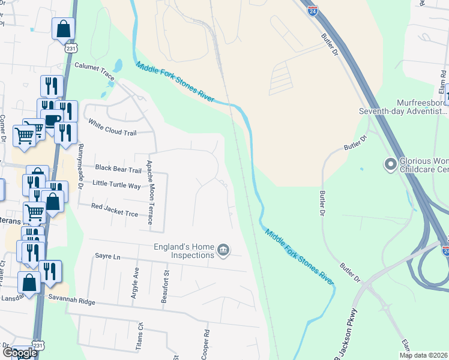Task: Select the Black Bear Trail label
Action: pyautogui.click(x=118, y=170)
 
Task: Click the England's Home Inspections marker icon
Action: pyautogui.click(x=223, y=250)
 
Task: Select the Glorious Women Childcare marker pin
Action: pyautogui.click(x=391, y=163)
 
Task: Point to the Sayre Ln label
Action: pyautogui.click(x=107, y=256)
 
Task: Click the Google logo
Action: pyautogui.click(x=20, y=353)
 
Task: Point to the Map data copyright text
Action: pyautogui.click(x=424, y=355)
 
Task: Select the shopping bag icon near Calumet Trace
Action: pyautogui.click(x=64, y=29)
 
